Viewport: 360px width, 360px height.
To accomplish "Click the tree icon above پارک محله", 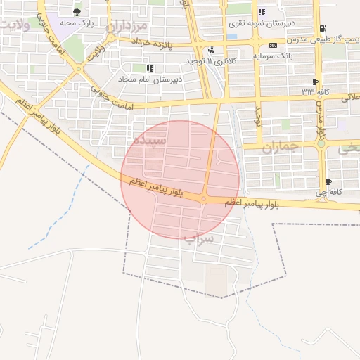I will point(77,12).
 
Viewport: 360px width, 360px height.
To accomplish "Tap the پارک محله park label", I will point(77,23).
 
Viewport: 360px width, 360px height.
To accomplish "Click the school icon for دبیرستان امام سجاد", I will point(149,68).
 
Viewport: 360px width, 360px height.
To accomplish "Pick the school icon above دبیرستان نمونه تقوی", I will point(262,12).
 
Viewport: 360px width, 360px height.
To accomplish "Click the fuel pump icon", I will point(323,29).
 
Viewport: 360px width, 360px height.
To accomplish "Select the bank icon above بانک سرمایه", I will point(274,44).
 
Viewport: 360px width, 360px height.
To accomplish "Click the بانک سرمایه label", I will point(290,54).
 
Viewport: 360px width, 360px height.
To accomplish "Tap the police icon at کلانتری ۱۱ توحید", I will point(211,51).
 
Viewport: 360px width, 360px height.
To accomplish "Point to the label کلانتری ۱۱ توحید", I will point(211,62).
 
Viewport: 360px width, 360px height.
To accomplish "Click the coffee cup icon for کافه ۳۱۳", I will point(314,82).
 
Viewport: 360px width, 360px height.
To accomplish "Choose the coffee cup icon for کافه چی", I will point(329,182).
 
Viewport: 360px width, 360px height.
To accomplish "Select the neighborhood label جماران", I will point(281,148).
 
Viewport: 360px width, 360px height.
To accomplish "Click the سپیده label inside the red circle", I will point(152,141).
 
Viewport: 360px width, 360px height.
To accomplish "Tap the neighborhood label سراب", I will point(198,238).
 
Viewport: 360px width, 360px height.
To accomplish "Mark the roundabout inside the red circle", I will point(203,199).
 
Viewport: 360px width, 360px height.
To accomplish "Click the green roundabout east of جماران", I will point(321,143).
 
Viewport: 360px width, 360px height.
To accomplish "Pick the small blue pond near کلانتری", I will point(231,36).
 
